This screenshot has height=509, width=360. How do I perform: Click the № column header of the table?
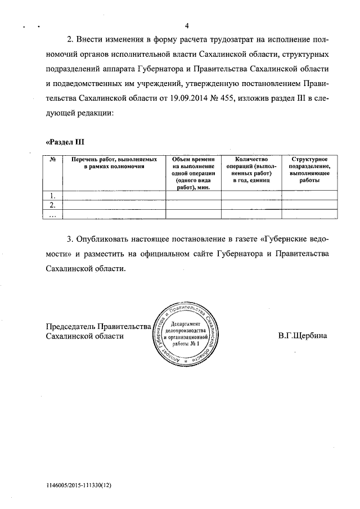pyautogui.click(x=52, y=160)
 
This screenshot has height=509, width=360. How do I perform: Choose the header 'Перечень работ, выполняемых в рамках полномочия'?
pyautogui.click(x=114, y=163)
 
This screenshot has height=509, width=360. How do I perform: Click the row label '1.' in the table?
pyautogui.click(x=53, y=196)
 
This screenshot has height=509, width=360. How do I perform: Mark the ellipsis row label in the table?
pyautogui.click(x=53, y=214)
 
